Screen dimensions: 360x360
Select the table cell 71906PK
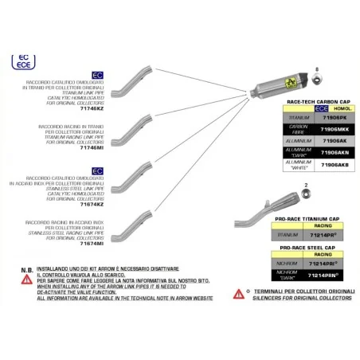[x=328, y=117]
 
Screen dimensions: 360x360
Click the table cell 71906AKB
[x=328, y=166]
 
